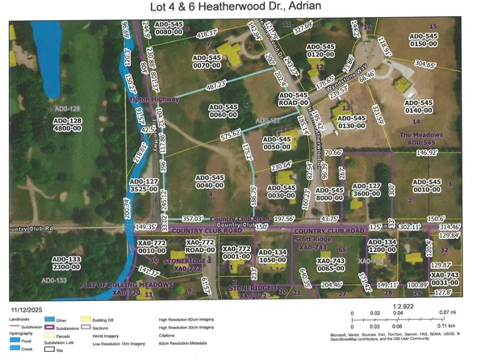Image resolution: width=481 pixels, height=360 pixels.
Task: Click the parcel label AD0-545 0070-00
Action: (210, 64)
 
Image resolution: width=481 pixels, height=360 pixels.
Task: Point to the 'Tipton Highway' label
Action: (153, 99)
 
